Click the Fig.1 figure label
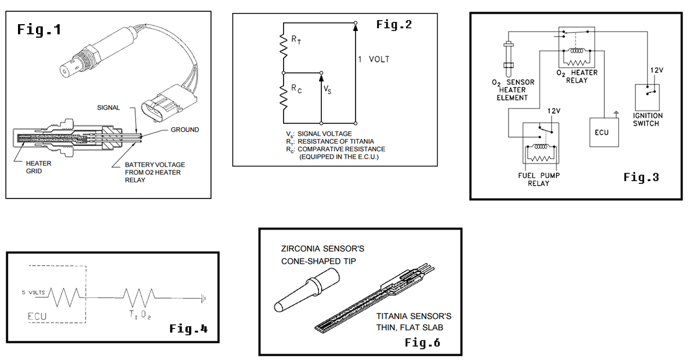pos(39,29)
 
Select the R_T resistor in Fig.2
pos(284,46)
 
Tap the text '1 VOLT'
pos(374,59)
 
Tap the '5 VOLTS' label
pos(32,292)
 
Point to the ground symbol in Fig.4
pos(205,297)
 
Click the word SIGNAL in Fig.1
pos(109,107)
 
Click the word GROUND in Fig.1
pos(185,129)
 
